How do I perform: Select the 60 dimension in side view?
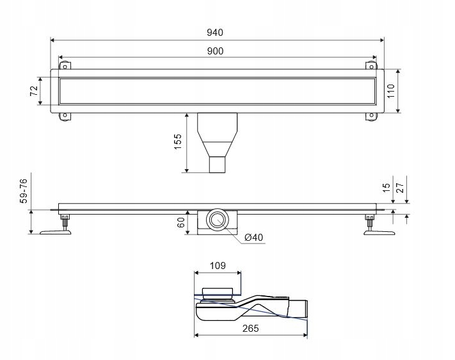(x=180, y=222)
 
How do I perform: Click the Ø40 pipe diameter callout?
(x=253, y=238)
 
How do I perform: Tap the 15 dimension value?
(x=385, y=188)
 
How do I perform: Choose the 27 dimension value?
(x=401, y=188)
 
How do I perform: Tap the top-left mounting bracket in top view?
(x=65, y=66)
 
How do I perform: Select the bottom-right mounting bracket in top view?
(x=370, y=115)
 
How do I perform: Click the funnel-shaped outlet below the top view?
(x=218, y=141)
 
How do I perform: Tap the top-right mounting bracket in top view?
(x=370, y=66)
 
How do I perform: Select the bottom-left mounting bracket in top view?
(x=65, y=115)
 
